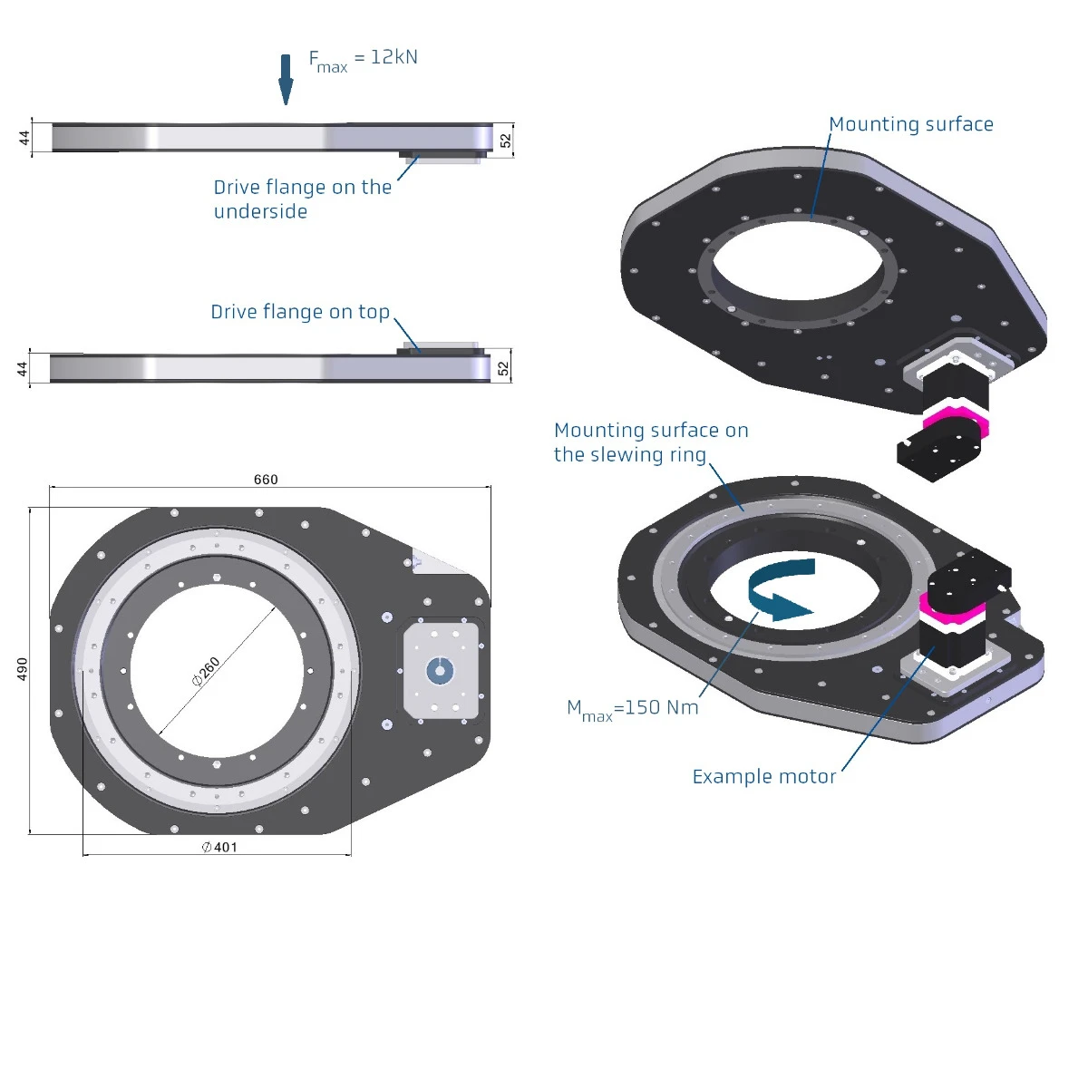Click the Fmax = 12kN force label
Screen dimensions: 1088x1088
click(363, 60)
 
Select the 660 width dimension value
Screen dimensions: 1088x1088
click(266, 480)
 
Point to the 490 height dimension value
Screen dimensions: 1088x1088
click(23, 669)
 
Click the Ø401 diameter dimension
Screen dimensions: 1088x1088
click(219, 847)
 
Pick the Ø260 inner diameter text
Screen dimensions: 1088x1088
click(207, 671)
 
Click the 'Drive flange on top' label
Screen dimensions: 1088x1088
click(300, 312)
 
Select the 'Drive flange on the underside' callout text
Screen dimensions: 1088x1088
click(302, 199)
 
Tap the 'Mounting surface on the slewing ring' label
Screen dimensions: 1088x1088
click(650, 442)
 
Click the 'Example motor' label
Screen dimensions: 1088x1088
click(763, 777)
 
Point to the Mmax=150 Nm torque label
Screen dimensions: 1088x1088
click(633, 709)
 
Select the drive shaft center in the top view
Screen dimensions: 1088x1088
click(440, 671)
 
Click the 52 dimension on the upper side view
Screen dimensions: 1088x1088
click(505, 141)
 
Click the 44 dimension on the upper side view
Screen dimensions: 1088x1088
click(24, 138)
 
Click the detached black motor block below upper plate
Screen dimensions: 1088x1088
click(937, 452)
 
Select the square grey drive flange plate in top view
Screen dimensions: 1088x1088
click(441, 670)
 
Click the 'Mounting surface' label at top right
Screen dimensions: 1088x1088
click(910, 125)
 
